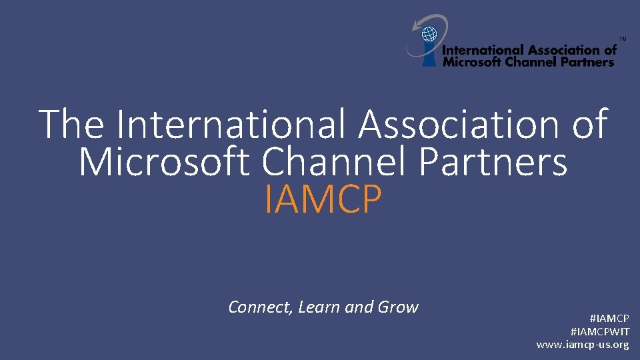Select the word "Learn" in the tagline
pyautogui.click(x=319, y=307)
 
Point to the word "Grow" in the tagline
pyautogui.click(x=398, y=307)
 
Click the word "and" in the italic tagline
pyautogui.click(x=359, y=307)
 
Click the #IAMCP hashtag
pyautogui.click(x=609, y=319)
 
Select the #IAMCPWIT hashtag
pyautogui.click(x=600, y=331)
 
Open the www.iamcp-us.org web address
pyautogui.click(x=583, y=345)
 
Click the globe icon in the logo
pyautogui.click(x=430, y=33)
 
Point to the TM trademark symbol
pyautogui.click(x=623, y=39)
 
